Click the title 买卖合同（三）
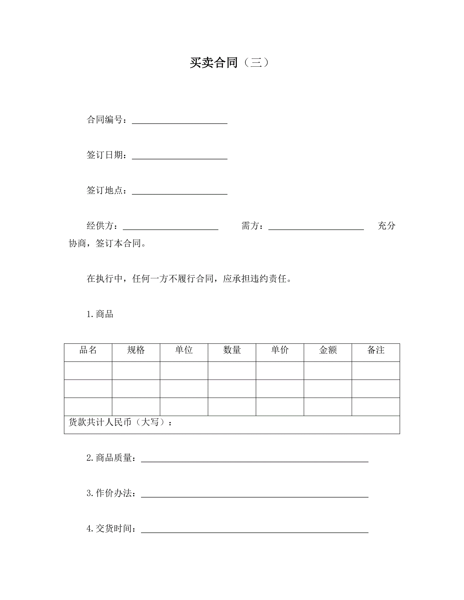(x=229, y=63)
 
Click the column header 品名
(x=88, y=350)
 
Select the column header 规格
(x=136, y=350)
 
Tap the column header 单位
(x=184, y=350)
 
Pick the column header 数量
(x=232, y=350)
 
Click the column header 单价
(x=280, y=350)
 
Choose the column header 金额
(x=328, y=350)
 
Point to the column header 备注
(x=376, y=350)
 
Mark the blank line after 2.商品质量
(x=254, y=459)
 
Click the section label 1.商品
(x=100, y=314)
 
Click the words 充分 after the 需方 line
(x=386, y=226)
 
